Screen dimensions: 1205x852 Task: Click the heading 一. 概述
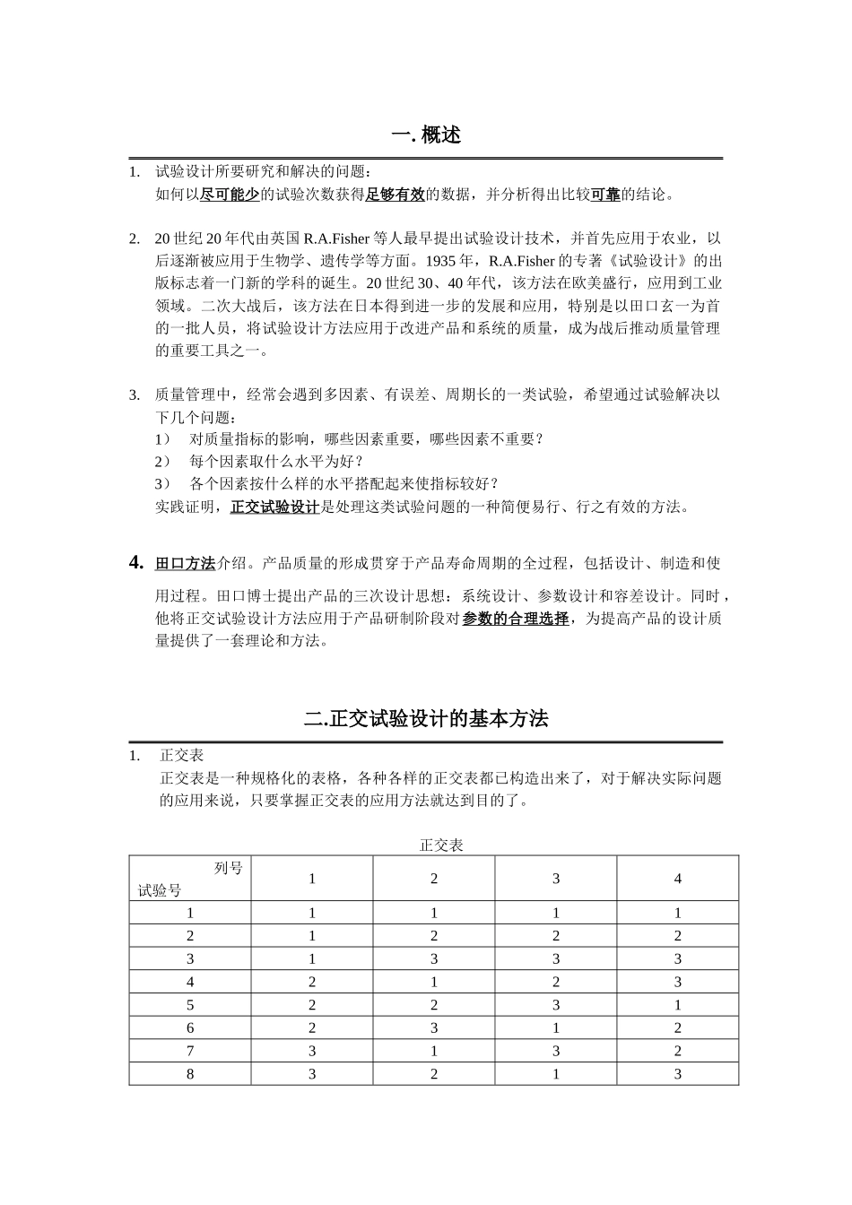[426, 135]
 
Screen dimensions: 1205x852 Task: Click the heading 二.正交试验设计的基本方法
[426, 718]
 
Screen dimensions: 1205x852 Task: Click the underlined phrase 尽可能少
[230, 194]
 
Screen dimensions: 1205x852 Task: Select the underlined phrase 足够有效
[395, 194]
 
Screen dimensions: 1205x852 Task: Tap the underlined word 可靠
[606, 194]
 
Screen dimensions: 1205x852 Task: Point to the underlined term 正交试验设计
[275, 507]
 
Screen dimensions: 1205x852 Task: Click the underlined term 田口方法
[186, 564]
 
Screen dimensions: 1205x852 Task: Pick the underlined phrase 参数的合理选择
[516, 619]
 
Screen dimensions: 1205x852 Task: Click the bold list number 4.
[136, 563]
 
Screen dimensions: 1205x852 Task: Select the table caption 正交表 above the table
[440, 845]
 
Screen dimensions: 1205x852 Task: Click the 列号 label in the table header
[229, 868]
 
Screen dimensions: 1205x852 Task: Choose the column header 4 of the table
[677, 879]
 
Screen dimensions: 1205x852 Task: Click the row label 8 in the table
[190, 1073]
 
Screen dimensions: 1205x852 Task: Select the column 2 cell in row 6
[434, 1027]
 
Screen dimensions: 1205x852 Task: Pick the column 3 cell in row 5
[556, 1004]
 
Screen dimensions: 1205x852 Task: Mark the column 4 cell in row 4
[677, 982]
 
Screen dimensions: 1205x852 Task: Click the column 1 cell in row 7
[312, 1051]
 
